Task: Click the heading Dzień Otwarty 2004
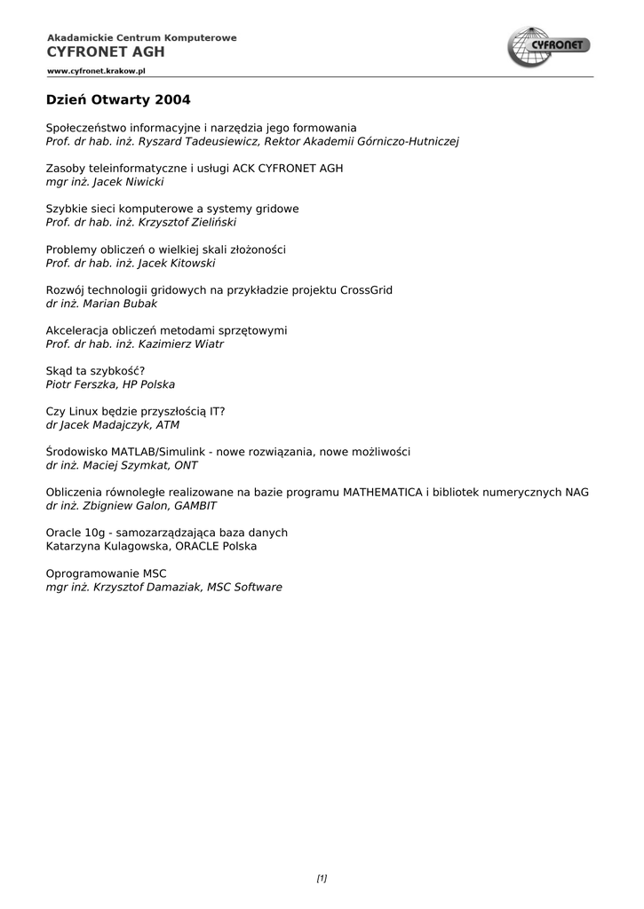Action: [x=118, y=99]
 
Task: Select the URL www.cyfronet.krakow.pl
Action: [x=96, y=70]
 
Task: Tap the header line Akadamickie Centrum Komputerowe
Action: [x=141, y=38]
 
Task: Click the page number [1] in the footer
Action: [x=322, y=879]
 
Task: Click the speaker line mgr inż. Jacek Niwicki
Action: [x=105, y=182]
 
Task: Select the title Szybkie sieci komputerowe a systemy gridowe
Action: [x=172, y=209]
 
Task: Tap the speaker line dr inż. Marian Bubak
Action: [x=101, y=304]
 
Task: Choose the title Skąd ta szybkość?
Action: [x=95, y=371]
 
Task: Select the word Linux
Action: [x=83, y=412]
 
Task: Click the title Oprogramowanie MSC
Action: [x=106, y=573]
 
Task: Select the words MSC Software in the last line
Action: [x=244, y=588]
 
